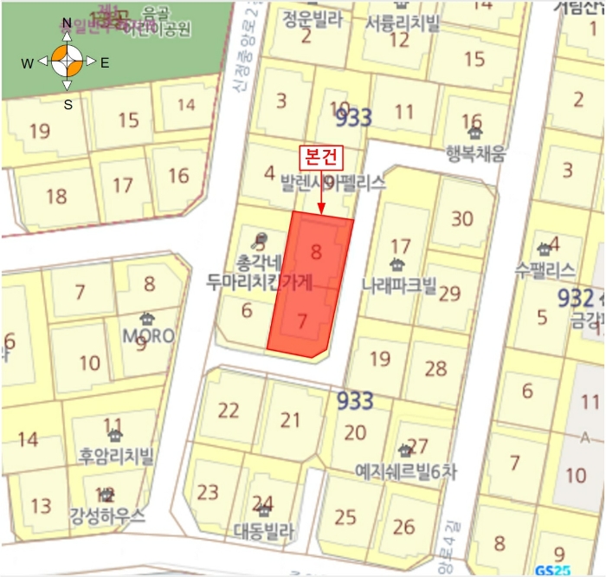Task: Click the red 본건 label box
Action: tap(321, 158)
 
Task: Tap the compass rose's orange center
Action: tap(67, 62)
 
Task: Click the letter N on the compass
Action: tap(67, 23)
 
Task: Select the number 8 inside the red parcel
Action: tap(316, 252)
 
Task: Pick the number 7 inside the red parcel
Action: tap(301, 321)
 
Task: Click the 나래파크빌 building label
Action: tap(399, 284)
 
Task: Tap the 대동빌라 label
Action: tap(264, 529)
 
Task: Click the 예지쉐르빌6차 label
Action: tap(404, 470)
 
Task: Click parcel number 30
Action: tap(462, 218)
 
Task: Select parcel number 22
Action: tap(229, 410)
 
